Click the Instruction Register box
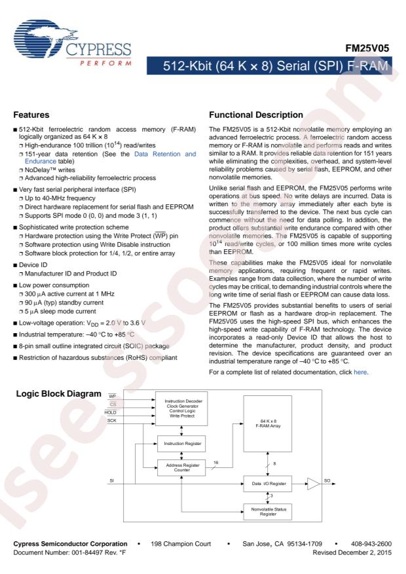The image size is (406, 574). (x=180, y=444)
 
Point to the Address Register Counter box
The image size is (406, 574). (x=180, y=469)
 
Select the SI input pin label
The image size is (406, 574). (x=112, y=481)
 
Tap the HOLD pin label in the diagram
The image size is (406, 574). (x=111, y=412)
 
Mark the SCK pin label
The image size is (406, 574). (x=111, y=420)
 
